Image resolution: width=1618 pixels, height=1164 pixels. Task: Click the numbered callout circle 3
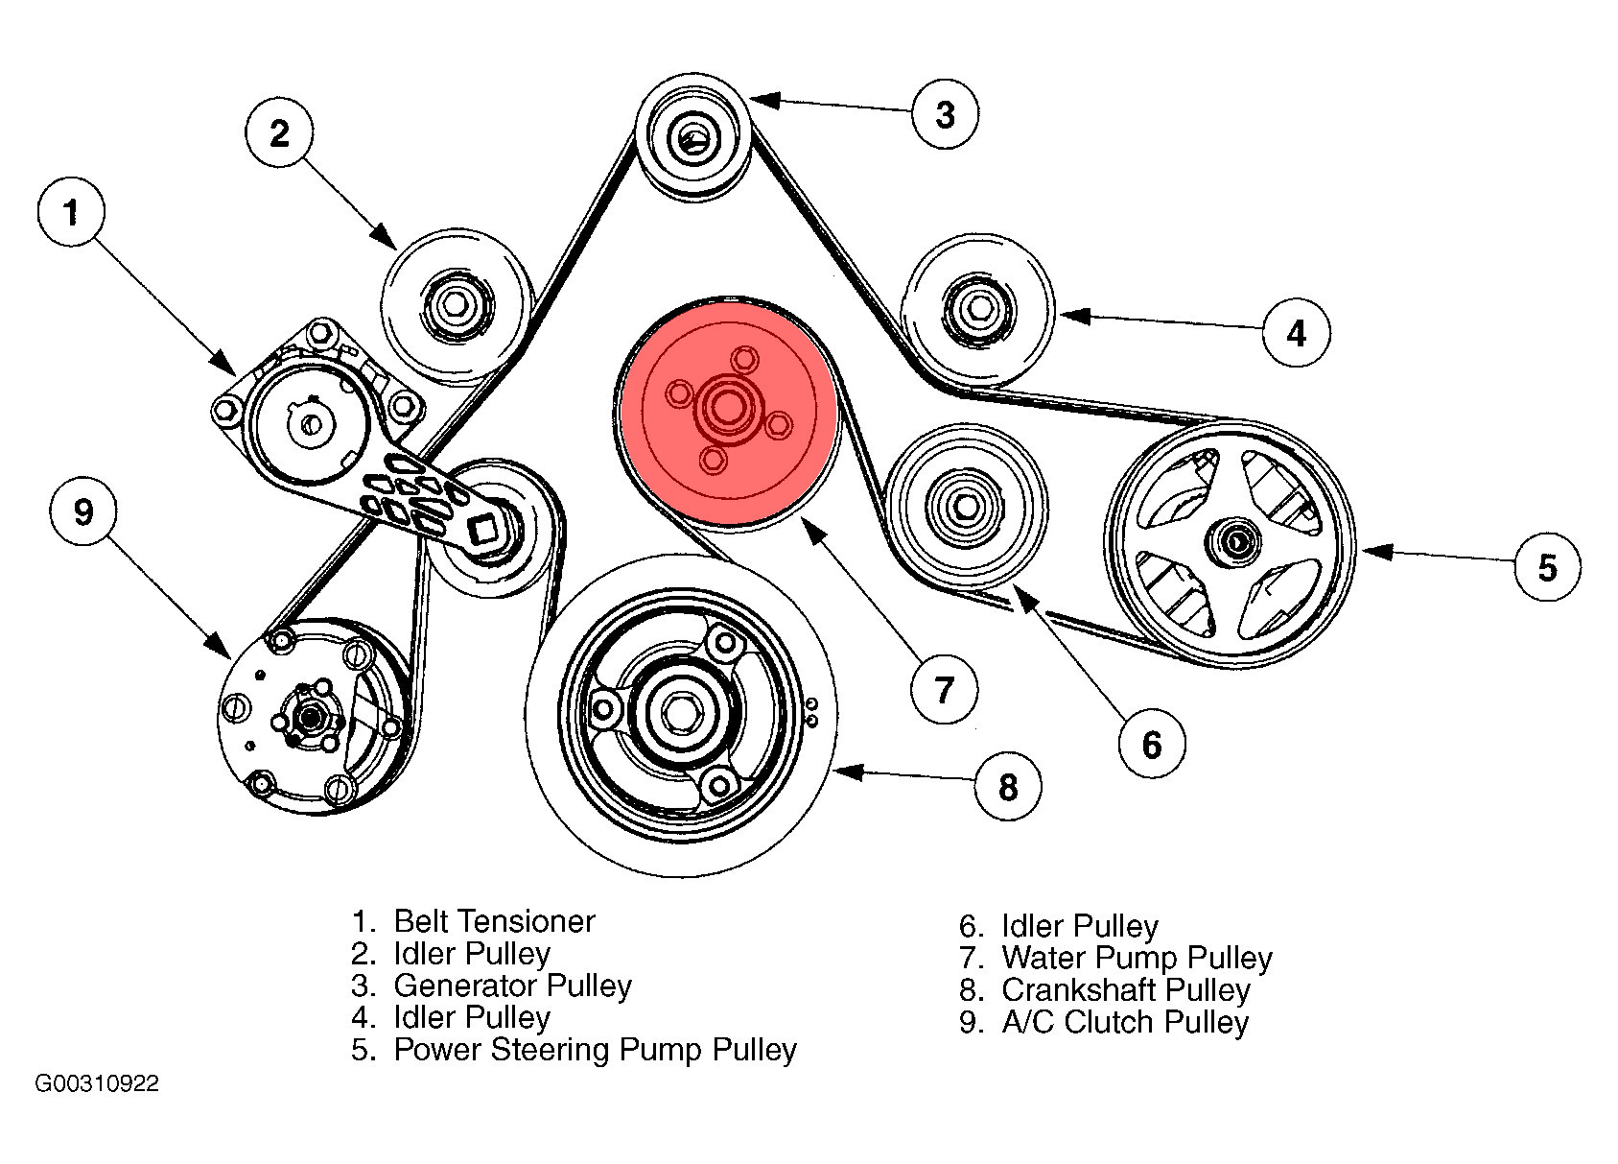tap(945, 114)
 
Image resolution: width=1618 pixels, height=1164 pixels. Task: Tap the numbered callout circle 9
tap(83, 511)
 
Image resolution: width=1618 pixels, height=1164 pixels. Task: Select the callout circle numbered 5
tap(1547, 567)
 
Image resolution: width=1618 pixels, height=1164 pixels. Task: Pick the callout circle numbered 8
tap(1007, 787)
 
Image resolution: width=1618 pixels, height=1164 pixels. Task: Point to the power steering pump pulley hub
tap(1231, 541)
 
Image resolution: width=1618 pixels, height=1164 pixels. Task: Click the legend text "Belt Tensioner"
tap(494, 921)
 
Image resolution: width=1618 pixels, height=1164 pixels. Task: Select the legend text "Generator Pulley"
tap(512, 986)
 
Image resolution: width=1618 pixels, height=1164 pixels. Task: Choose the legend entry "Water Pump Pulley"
tap(1137, 958)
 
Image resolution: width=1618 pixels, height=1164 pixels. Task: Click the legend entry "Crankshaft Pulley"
tap(1126, 989)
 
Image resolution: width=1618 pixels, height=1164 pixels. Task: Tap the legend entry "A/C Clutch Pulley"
tap(1125, 1022)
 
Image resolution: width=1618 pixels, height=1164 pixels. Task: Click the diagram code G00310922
tap(97, 1084)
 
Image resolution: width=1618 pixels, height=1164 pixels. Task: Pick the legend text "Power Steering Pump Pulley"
tap(595, 1050)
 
